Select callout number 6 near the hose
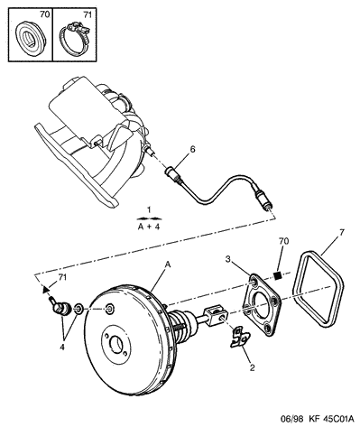(192, 149)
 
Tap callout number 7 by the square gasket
(342, 233)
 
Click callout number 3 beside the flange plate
(228, 259)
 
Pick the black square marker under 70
(278, 274)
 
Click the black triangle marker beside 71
(45, 290)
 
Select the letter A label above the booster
(168, 265)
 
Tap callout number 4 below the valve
(62, 347)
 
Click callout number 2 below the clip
(252, 367)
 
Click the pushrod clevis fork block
(216, 315)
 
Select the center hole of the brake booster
(116, 343)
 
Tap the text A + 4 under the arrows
(149, 227)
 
